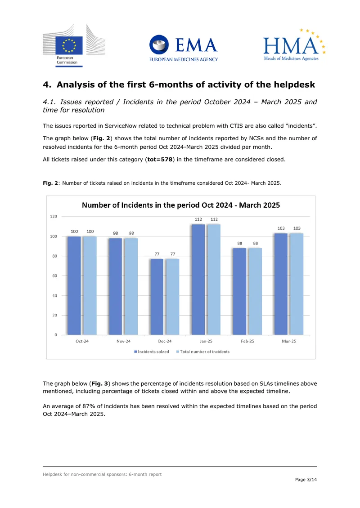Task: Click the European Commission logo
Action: [x=74, y=45]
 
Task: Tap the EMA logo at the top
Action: [x=184, y=48]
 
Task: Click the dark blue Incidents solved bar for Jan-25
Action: [x=198, y=279]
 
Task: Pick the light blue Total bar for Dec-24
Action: [x=172, y=297]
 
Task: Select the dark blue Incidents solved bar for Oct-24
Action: [x=74, y=285]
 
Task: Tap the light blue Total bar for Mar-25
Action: [x=297, y=284]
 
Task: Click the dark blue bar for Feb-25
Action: [x=240, y=292]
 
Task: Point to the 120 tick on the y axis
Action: [x=54, y=216]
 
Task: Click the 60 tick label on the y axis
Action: [x=55, y=276]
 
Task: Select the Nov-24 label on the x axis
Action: [x=124, y=341]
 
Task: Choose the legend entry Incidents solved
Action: [x=152, y=352]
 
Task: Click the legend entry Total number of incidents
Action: [x=202, y=352]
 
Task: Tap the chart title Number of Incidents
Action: [x=181, y=205]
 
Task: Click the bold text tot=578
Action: [x=160, y=160]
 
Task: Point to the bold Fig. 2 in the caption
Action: [x=50, y=183]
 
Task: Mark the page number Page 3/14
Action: [x=306, y=480]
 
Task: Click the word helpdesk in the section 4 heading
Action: [x=294, y=85]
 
